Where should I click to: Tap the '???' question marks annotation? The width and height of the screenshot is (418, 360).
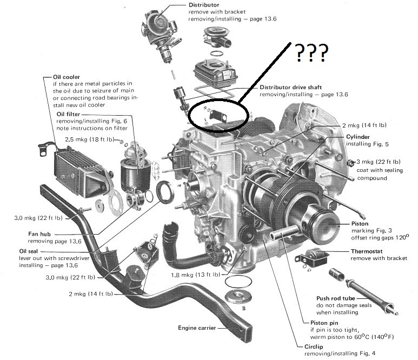click(x=310, y=52)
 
